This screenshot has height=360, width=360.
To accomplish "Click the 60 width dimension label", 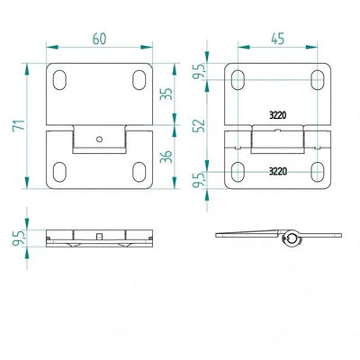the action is tap(99, 39).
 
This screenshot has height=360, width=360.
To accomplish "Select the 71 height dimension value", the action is tap(19, 125).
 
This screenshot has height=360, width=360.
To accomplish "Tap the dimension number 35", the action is tap(166, 94).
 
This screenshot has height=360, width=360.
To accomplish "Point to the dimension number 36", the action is tap(166, 157).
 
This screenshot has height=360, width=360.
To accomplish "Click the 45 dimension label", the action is tap(278, 39).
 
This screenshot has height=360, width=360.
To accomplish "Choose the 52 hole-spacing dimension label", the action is tap(199, 126).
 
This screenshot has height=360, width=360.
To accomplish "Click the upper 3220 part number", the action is tap(278, 115).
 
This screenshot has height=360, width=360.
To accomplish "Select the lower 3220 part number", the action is tap(278, 171).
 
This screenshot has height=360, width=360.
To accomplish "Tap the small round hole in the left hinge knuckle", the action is tap(99, 139).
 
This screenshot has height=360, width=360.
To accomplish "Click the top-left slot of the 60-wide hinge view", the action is tap(59, 80).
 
